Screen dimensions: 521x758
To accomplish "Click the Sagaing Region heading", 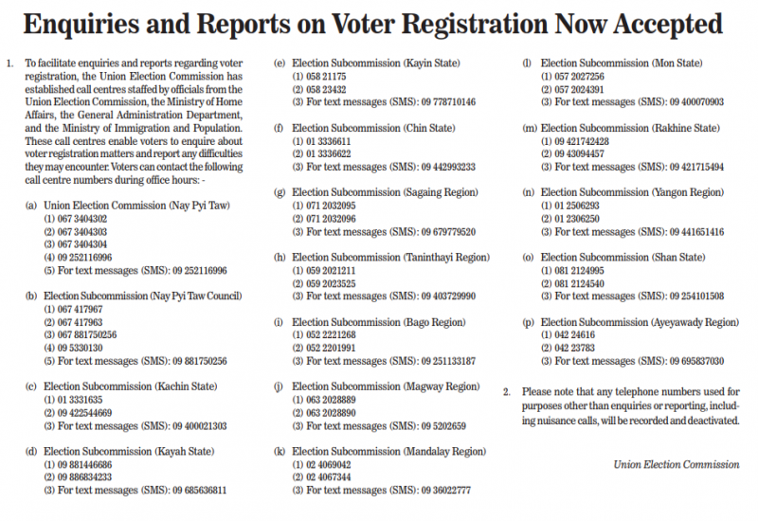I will point(385,193).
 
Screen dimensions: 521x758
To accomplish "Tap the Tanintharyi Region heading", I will point(390,258).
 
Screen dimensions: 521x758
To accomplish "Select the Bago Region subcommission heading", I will point(379,322).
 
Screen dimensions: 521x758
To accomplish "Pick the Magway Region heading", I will point(386,386).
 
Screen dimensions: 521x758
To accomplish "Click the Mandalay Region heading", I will point(388,452).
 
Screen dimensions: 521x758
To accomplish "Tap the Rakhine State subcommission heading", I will point(630,128).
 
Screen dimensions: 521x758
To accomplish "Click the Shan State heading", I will point(623,258).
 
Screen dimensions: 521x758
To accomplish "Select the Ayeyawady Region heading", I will point(640,322).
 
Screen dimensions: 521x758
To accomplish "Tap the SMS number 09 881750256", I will point(200,361).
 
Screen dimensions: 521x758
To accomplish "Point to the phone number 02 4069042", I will point(327,465).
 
